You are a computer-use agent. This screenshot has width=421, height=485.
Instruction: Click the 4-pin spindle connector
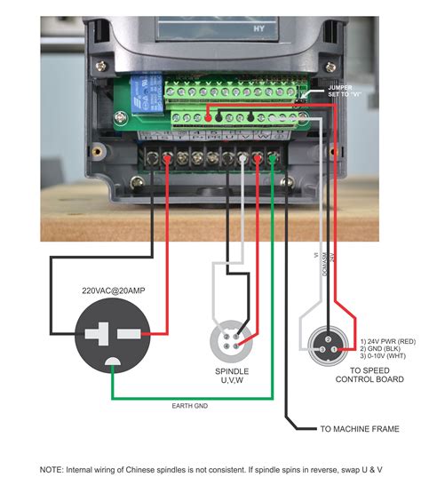(x=231, y=340)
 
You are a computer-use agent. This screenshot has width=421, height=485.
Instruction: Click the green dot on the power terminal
(x=272, y=158)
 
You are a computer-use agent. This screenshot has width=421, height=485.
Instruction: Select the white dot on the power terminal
(x=242, y=158)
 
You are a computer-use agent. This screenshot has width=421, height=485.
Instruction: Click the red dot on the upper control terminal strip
(x=207, y=116)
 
